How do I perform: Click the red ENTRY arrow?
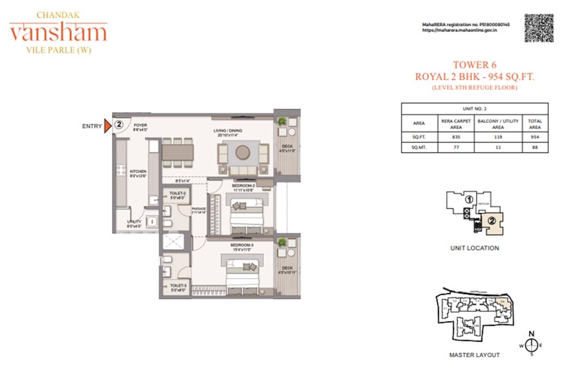click(x=107, y=126)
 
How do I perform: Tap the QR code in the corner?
click(x=538, y=28)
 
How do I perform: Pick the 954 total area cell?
click(x=535, y=137)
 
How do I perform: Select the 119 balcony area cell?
click(x=498, y=137)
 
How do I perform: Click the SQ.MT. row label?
click(x=419, y=147)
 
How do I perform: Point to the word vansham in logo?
click(x=58, y=33)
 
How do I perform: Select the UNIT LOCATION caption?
click(x=474, y=248)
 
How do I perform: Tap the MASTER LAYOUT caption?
click(x=474, y=355)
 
